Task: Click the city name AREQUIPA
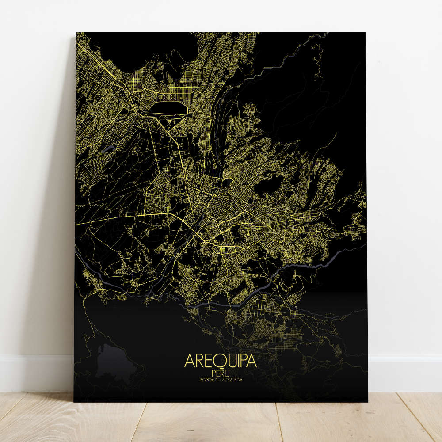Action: coord(221,361)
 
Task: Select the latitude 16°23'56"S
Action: coord(208,379)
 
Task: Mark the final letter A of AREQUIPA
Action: coord(251,361)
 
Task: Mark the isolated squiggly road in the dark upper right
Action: coord(316,66)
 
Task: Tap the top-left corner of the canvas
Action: coord(77,33)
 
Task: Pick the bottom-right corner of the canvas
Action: coord(367,401)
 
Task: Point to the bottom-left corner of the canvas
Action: coord(74,401)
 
